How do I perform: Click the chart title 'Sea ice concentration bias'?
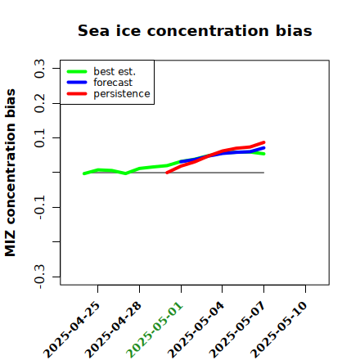pyautogui.click(x=195, y=30)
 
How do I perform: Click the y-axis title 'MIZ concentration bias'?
pyautogui.click(x=11, y=173)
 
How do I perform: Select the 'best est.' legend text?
pyautogui.click(x=115, y=71)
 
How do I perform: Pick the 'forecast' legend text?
pyautogui.click(x=113, y=83)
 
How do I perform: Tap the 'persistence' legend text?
pyautogui.click(x=122, y=94)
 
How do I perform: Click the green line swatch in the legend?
pyautogui.click(x=77, y=71)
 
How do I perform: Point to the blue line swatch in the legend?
pyautogui.click(x=77, y=83)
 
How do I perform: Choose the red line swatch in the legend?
pyautogui.click(x=77, y=94)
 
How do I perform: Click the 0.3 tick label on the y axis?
pyautogui.click(x=39, y=69)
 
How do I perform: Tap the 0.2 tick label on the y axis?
pyautogui.click(x=39, y=103)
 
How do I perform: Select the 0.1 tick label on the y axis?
pyautogui.click(x=39, y=138)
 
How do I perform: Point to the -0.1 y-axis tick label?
pyautogui.click(x=39, y=208)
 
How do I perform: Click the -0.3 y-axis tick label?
pyautogui.click(x=39, y=277)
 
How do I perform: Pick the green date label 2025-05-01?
pyautogui.click(x=155, y=330)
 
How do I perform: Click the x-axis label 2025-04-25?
pyautogui.click(x=71, y=330)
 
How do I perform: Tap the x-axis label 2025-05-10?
pyautogui.click(x=279, y=330)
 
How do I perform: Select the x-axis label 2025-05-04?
pyautogui.click(x=196, y=330)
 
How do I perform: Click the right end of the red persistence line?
pyautogui.click(x=263, y=142)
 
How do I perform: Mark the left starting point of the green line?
pyautogui.click(x=84, y=173)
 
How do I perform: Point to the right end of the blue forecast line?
pyautogui.click(x=263, y=148)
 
